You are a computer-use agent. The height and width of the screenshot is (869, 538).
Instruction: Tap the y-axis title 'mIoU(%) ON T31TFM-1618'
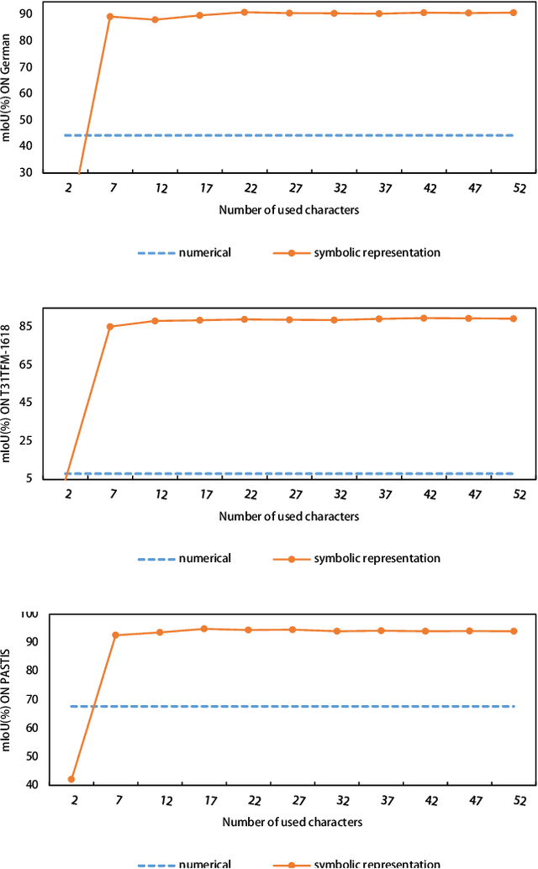pos(8,393)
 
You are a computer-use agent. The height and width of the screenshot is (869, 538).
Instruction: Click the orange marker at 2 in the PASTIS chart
pos(71,779)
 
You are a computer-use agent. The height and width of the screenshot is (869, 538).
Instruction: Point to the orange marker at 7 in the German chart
pos(111,17)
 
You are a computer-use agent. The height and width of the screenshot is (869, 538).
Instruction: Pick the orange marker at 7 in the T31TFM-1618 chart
pos(111,326)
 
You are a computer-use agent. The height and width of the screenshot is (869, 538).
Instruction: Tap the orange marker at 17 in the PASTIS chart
pos(203,629)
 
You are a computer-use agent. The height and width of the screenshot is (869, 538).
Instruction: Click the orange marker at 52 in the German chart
pos(513,13)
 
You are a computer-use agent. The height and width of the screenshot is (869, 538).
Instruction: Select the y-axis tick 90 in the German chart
pos(27,14)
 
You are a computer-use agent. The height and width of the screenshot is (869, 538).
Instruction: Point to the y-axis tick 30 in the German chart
pos(27,172)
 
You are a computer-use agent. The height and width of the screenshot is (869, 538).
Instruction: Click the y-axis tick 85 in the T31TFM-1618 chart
pos(27,326)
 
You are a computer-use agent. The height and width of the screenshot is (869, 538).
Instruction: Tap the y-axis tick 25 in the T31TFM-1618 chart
pos(27,440)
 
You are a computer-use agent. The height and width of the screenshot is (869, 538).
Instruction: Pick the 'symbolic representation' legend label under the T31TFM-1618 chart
pos(377,558)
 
